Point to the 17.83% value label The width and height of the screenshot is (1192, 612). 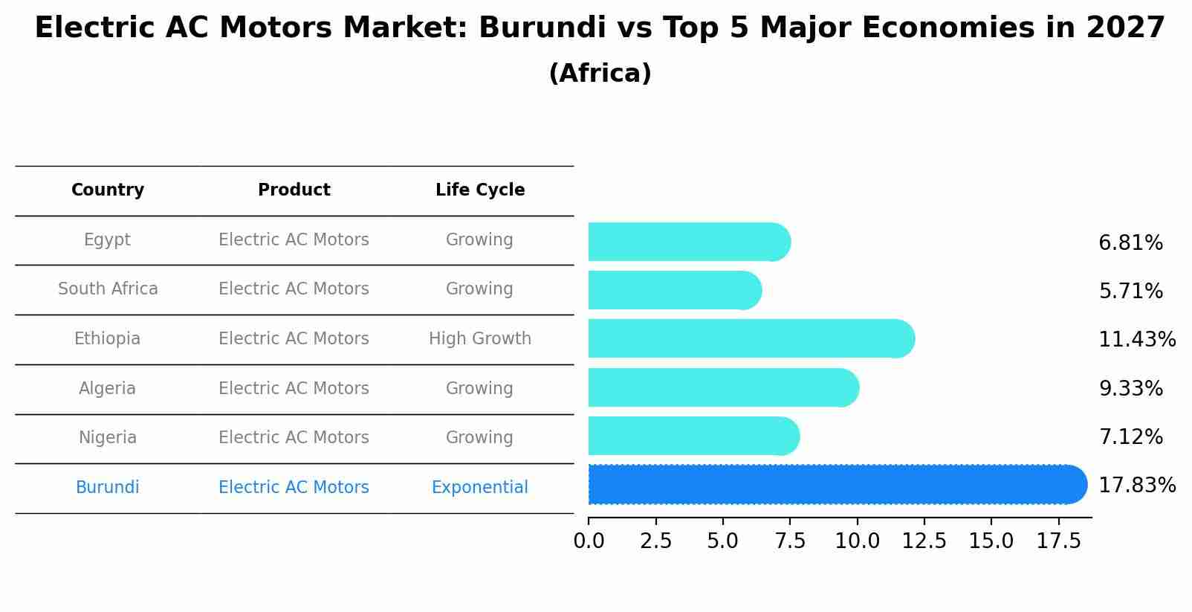tap(1136, 486)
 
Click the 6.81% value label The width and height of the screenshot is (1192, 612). tap(1130, 243)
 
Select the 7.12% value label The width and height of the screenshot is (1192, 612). tap(1130, 437)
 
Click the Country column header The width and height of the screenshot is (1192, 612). tap(108, 190)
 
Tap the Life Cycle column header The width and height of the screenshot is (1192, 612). tap(480, 190)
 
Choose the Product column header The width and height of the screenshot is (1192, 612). tap(294, 190)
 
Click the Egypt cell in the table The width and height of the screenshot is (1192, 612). tap(107, 240)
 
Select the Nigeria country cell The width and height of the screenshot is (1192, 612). tap(108, 438)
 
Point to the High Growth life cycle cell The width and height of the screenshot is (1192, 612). tap(480, 339)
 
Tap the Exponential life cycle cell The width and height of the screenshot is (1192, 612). tap(480, 488)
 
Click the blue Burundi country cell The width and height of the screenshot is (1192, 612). tap(108, 488)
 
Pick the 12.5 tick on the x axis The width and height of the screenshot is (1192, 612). tap(924, 541)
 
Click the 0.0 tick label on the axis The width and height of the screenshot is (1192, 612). tap(589, 541)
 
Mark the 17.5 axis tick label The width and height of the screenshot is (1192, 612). tap(1059, 541)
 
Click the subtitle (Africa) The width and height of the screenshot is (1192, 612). tap(600, 74)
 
